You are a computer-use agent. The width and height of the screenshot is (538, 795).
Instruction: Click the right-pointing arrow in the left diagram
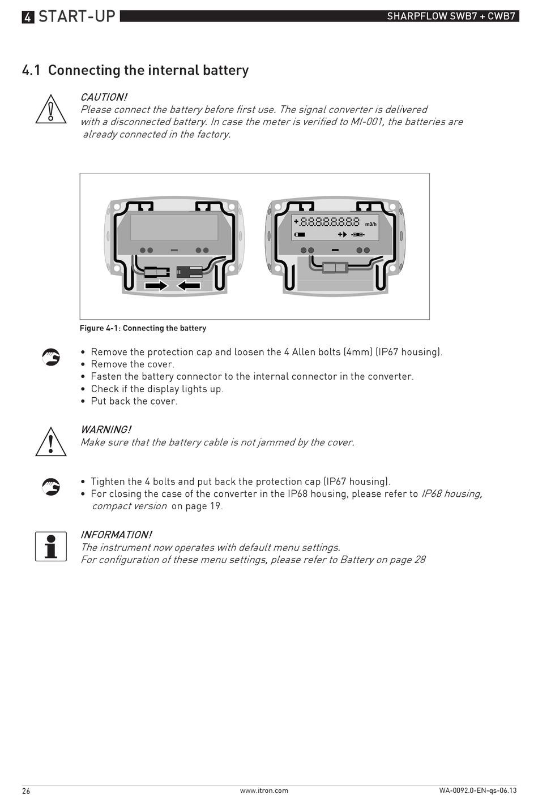tap(156, 286)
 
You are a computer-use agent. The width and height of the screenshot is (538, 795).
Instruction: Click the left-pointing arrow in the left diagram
tap(189, 286)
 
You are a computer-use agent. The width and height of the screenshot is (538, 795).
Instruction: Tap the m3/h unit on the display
tap(370, 225)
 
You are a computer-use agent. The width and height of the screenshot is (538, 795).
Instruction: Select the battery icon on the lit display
tap(300, 234)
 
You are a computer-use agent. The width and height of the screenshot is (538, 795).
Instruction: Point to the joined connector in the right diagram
tap(335, 267)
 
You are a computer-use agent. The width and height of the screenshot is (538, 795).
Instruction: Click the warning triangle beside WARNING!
tap(51, 442)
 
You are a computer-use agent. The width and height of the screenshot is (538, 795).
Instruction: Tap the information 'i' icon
tap(51, 547)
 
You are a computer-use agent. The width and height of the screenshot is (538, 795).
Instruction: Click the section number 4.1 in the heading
tap(31, 70)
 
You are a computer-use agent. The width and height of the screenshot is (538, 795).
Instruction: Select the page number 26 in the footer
tap(26, 790)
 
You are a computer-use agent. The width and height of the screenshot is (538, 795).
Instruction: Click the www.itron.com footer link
tap(264, 790)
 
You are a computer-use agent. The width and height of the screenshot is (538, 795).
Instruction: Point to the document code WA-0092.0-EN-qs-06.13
tap(477, 790)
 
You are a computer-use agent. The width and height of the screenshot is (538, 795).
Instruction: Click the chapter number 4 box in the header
tap(28, 17)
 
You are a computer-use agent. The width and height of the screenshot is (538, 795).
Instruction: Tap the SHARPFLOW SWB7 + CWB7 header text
tap(451, 16)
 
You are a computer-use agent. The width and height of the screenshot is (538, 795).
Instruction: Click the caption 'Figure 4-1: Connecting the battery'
tap(143, 328)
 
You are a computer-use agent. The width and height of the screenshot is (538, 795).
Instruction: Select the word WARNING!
tap(105, 429)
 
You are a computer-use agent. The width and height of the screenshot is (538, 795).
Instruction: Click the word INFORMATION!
tap(116, 535)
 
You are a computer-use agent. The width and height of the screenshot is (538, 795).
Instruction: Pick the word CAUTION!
tap(104, 97)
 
